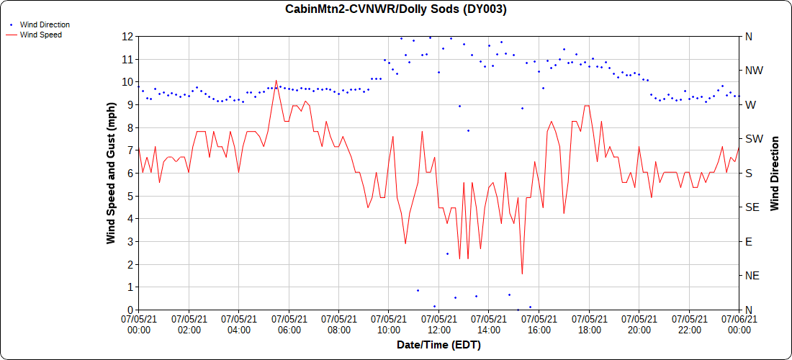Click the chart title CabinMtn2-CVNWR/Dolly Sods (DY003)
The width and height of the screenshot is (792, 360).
click(x=396, y=9)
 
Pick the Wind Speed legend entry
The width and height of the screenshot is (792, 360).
click(x=40, y=34)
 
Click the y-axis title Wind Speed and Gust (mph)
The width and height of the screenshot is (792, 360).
click(x=111, y=173)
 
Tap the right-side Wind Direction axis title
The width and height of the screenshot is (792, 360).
click(x=775, y=173)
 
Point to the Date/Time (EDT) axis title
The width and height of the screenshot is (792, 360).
click(x=438, y=345)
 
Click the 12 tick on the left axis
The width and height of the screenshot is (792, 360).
click(x=127, y=36)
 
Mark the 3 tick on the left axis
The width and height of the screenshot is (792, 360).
click(x=130, y=241)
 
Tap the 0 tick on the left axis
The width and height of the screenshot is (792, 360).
click(x=130, y=310)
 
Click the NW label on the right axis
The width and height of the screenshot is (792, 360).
click(x=754, y=71)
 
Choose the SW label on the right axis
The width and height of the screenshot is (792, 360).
click(x=754, y=139)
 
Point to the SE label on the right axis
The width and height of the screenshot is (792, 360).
click(x=752, y=207)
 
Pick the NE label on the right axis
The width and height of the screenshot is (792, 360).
click(x=752, y=276)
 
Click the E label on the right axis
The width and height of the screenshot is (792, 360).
click(x=748, y=241)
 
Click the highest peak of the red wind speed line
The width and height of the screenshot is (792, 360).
click(x=276, y=81)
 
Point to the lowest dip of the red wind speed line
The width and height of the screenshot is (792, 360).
click(x=522, y=274)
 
